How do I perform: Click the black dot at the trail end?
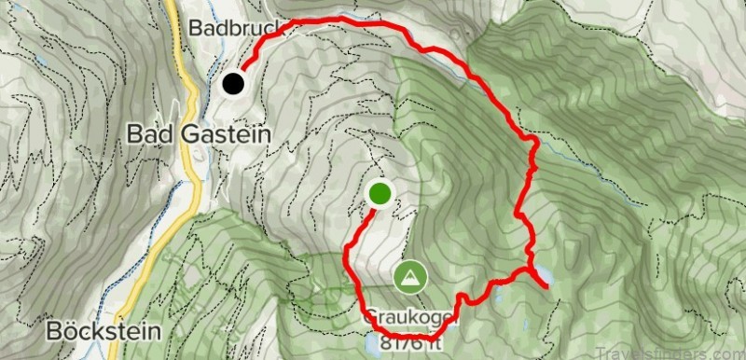pyautogui.click(x=232, y=84)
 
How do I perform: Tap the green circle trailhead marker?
pyautogui.click(x=380, y=193)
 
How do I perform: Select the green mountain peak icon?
pyautogui.click(x=409, y=275)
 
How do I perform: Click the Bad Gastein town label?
pyautogui.click(x=199, y=134)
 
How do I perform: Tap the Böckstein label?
pyautogui.click(x=103, y=331)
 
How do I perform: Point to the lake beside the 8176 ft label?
pyautogui.click(x=372, y=345)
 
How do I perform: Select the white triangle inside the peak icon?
pyautogui.click(x=409, y=276)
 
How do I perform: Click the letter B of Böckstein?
pyautogui.click(x=52, y=331)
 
